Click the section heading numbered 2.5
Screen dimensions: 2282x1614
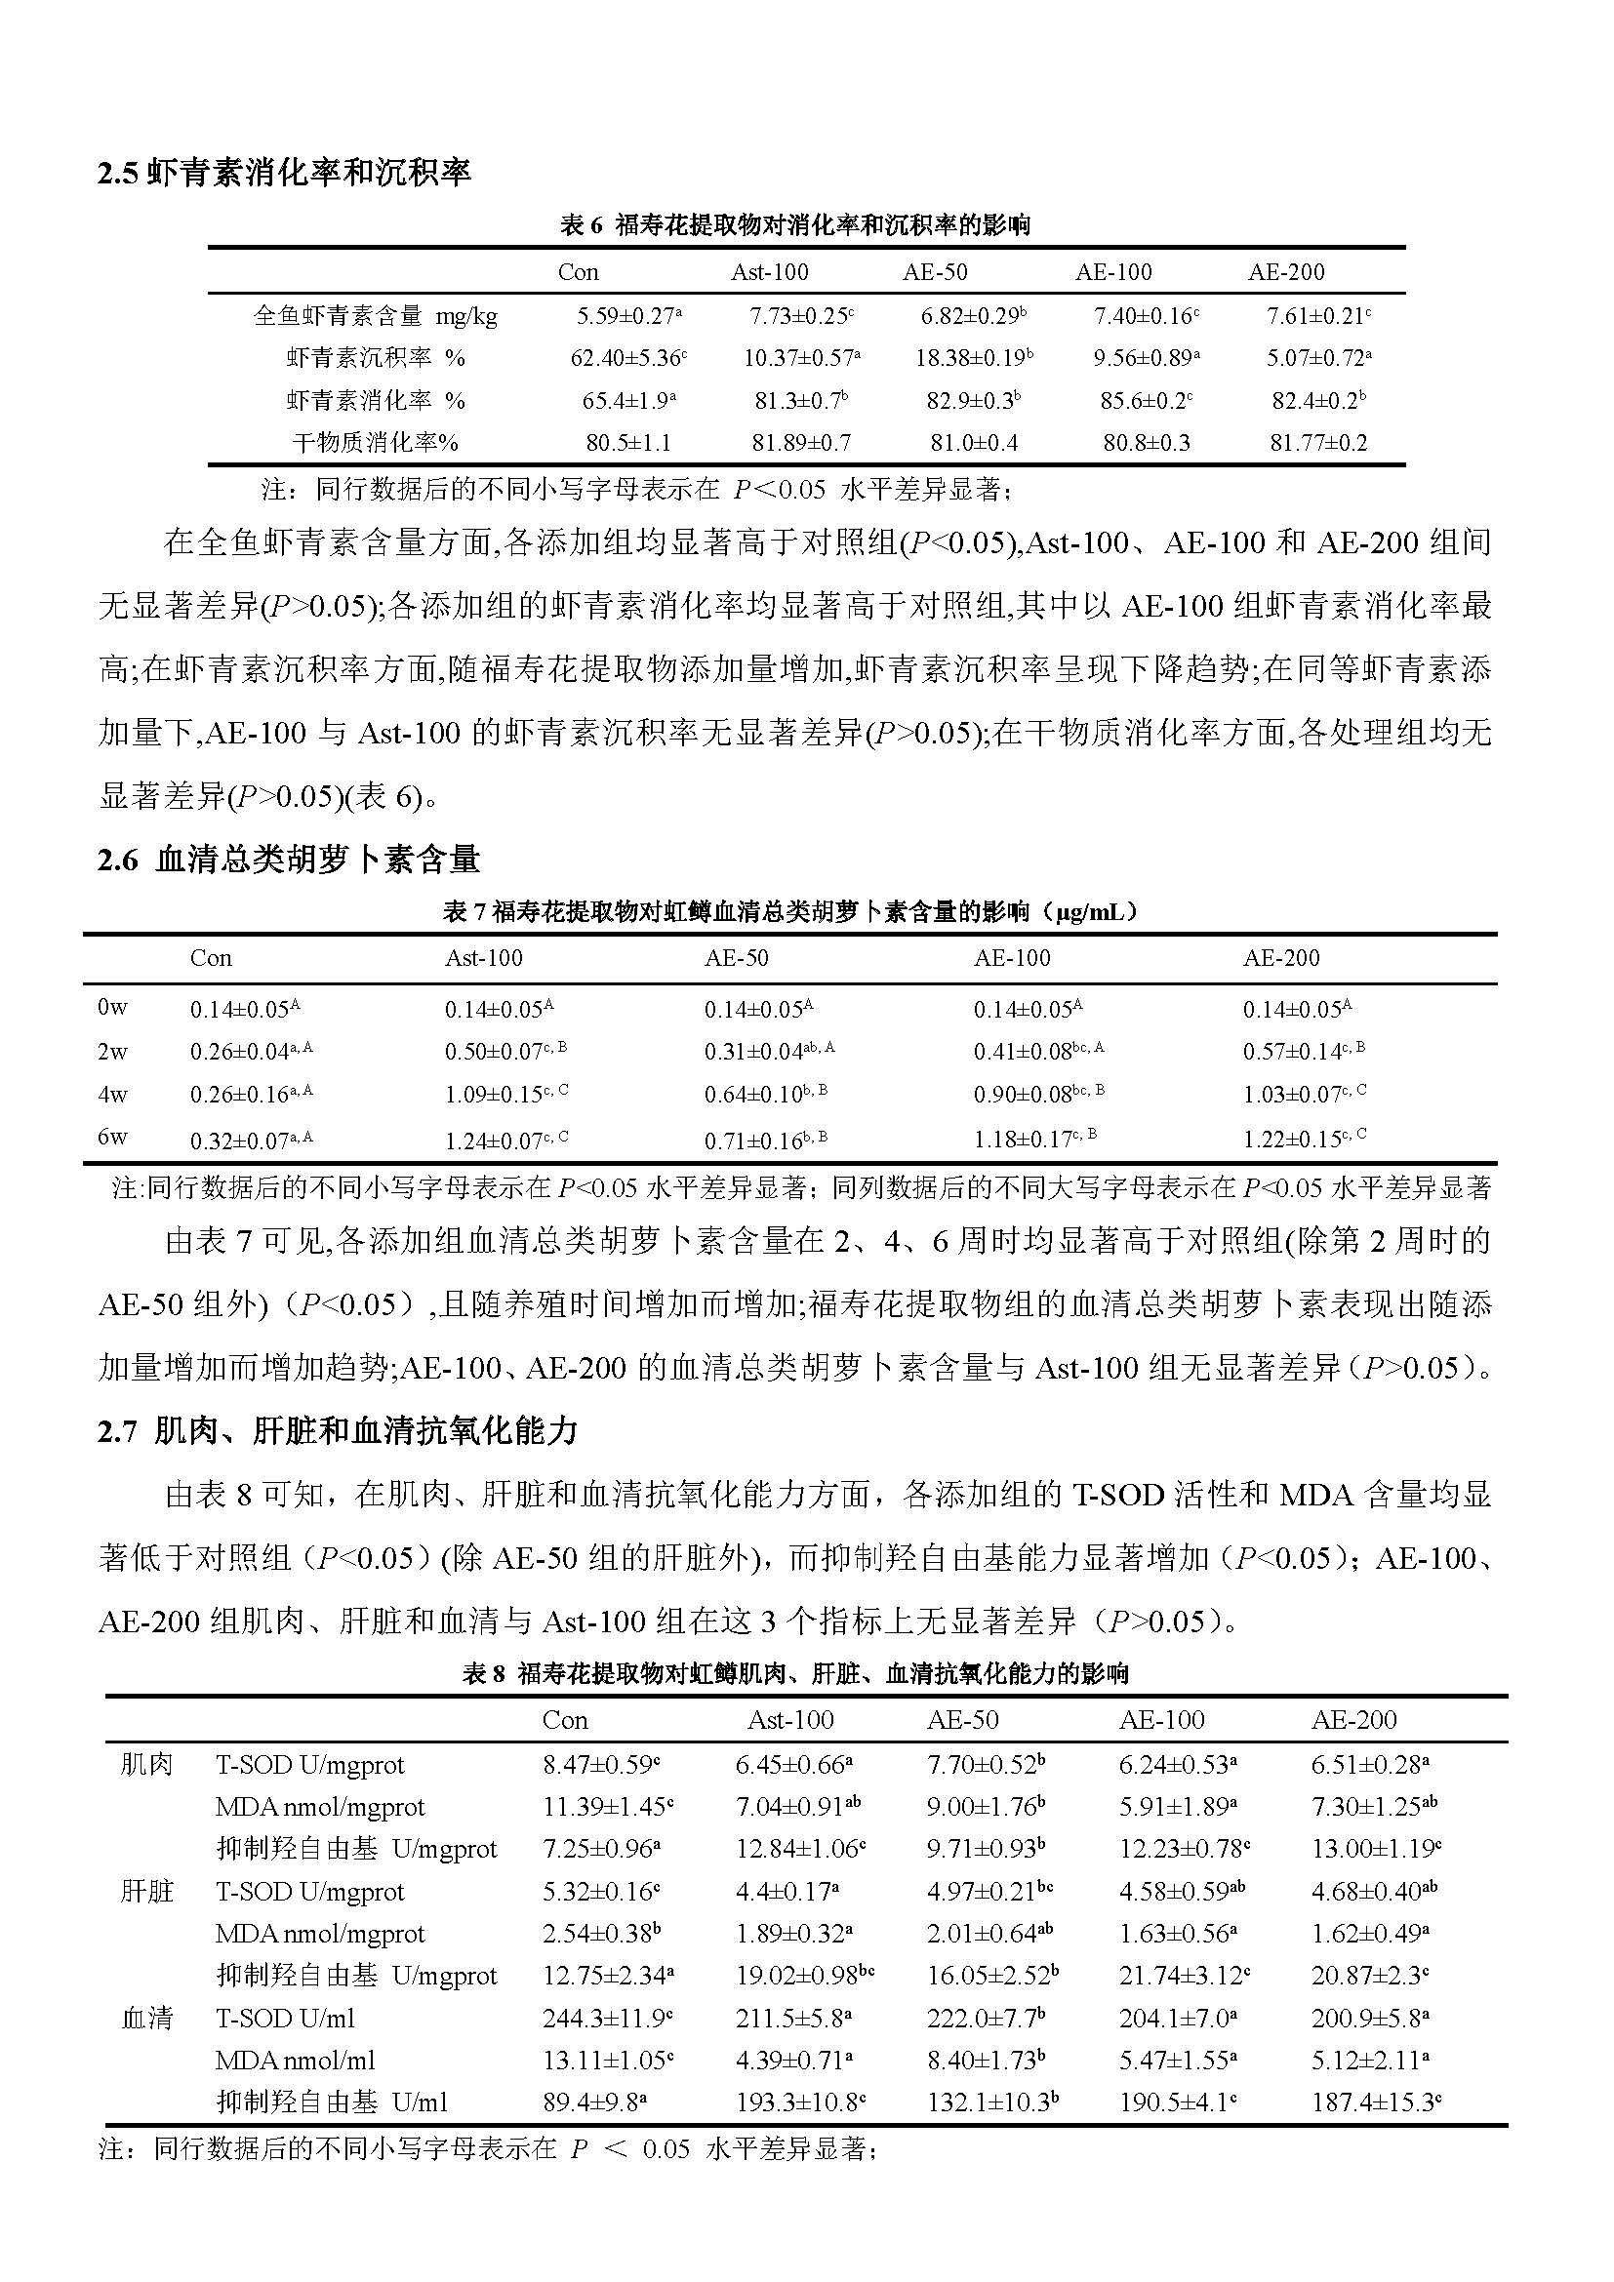click(283, 173)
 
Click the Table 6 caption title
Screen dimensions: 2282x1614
click(795, 225)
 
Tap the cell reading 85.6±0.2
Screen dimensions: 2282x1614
click(1146, 401)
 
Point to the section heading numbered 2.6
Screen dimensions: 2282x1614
click(288, 859)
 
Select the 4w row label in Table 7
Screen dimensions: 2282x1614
click(112, 1095)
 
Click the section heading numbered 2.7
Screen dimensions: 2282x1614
click(338, 1431)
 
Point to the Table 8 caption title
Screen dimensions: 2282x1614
click(795, 1674)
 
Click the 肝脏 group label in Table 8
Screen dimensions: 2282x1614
click(147, 1892)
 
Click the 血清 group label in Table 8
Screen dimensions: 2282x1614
click(147, 2018)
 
